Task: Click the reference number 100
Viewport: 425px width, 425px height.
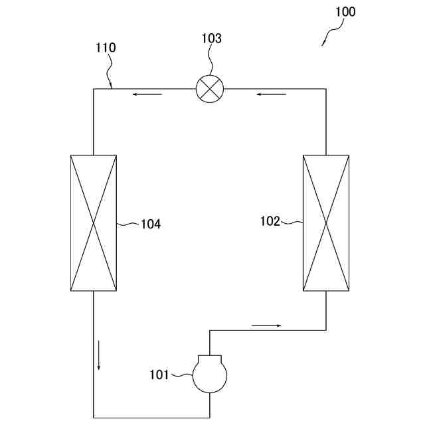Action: pos(345,12)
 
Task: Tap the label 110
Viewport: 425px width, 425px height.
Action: pos(106,48)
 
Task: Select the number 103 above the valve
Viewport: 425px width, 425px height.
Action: pos(211,39)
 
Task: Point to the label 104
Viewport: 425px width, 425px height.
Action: pos(150,224)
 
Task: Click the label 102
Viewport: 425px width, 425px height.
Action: pos(270,222)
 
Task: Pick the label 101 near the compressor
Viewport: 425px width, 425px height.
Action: pos(159,375)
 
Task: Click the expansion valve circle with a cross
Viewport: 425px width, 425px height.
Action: pos(211,88)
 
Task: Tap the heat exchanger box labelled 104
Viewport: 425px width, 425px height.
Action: pos(94,222)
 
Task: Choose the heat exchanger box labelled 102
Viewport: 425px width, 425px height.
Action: pos(326,222)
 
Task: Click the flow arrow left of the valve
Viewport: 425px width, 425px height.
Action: pos(147,94)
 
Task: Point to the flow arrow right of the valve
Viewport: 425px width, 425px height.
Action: pos(271,94)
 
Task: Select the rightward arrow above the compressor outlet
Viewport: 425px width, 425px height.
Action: pos(266,325)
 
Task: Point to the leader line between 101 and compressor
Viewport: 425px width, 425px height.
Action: pos(181,376)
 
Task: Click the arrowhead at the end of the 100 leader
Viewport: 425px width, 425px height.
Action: pos(323,44)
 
